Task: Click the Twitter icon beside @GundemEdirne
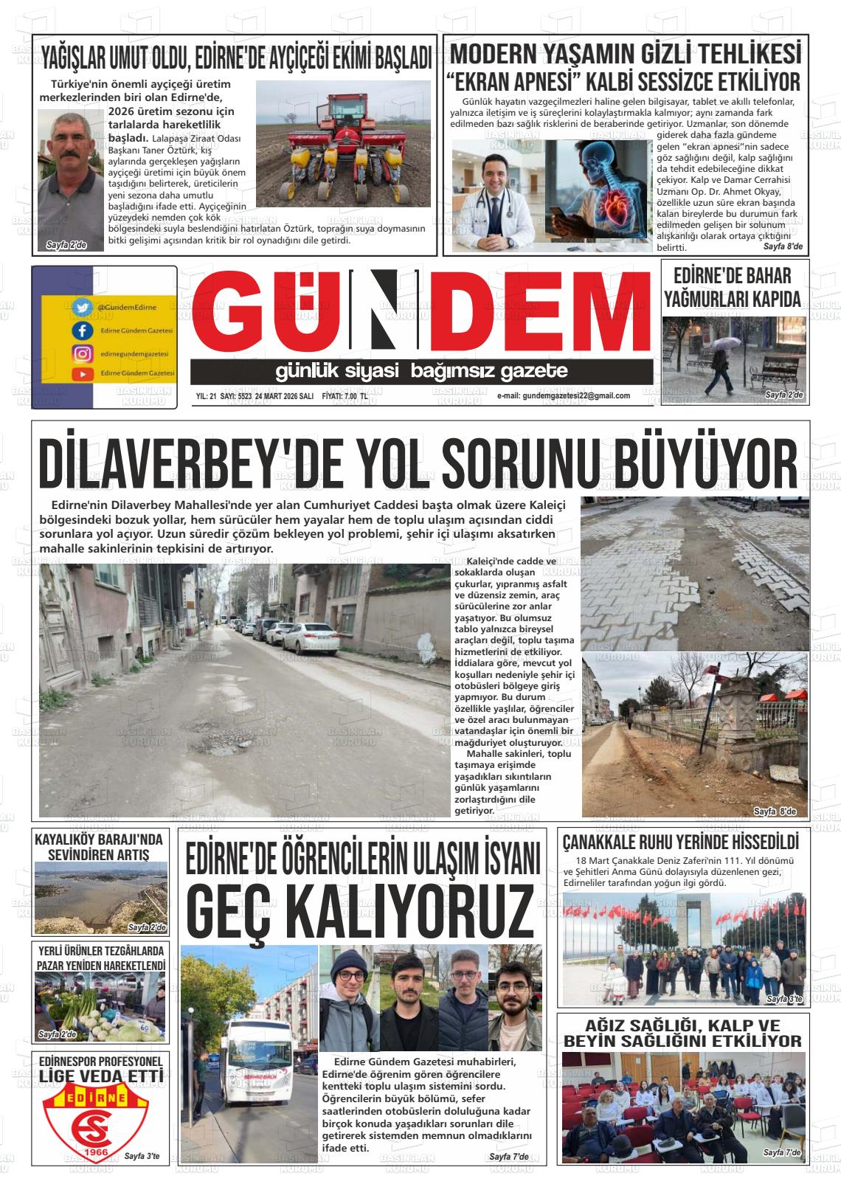click(x=82, y=307)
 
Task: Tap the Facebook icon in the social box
click(x=82, y=330)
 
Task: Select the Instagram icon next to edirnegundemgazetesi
click(x=82, y=353)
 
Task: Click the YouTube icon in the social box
click(x=82, y=374)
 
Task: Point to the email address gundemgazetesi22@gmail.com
click(x=564, y=396)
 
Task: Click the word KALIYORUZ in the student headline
click(x=361, y=913)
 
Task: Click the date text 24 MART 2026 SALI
click(x=284, y=396)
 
